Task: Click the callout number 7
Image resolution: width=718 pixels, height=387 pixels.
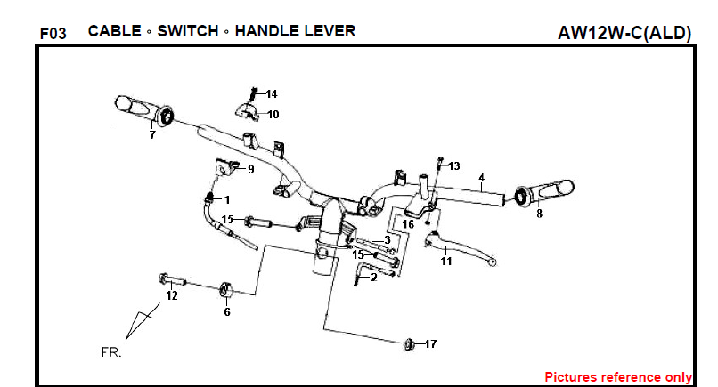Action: [x=152, y=135]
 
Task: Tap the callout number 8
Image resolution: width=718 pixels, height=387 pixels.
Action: [x=539, y=214]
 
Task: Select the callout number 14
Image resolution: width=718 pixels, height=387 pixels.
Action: [x=272, y=93]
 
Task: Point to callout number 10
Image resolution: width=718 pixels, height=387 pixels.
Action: [x=273, y=114]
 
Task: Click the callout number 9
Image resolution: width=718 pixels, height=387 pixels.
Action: [x=250, y=168]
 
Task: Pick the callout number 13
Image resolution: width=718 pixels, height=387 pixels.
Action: [x=453, y=166]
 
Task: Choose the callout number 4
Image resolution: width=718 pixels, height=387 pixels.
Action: [x=481, y=178]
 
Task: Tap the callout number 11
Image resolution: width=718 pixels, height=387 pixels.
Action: [x=446, y=262]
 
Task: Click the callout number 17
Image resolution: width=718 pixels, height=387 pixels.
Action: [x=430, y=343]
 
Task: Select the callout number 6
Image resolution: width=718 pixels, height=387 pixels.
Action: [x=226, y=311]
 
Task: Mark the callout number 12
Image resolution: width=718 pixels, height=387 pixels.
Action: [x=172, y=295]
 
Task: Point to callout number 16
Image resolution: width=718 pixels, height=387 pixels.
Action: [x=408, y=224]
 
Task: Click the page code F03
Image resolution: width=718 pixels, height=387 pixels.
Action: [x=53, y=34]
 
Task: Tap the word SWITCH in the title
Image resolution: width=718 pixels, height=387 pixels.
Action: [x=187, y=31]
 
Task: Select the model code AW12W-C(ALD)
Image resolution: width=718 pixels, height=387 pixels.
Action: [x=624, y=34]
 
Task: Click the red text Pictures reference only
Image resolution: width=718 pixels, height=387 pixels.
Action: [x=618, y=376]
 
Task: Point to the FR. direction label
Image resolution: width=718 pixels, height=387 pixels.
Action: [x=111, y=351]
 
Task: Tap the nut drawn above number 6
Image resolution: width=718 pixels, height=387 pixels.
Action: [x=226, y=289]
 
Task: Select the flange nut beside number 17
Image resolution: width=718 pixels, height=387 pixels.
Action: [x=410, y=343]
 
